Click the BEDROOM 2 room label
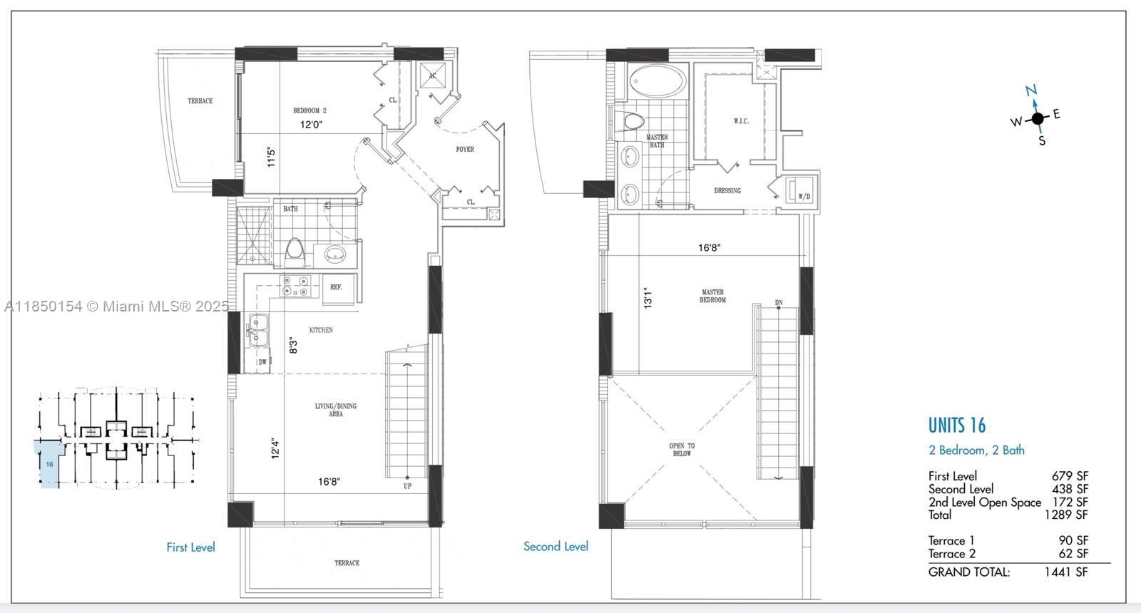(309, 110)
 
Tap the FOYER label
(464, 149)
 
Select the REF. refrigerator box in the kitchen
(338, 289)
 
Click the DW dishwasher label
(262, 362)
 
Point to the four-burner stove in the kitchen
(295, 286)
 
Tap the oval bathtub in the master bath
(657, 81)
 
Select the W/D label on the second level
(804, 197)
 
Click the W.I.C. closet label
(741, 120)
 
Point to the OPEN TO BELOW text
(682, 450)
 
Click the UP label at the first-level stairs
(407, 486)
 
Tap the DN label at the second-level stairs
(778, 302)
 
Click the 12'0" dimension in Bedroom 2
(311, 124)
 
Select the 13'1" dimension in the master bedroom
(648, 299)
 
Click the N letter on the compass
(1031, 91)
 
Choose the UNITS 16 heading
(956, 425)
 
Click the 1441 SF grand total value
(1065, 572)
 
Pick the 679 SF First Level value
(1070, 476)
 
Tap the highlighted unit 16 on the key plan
(49, 464)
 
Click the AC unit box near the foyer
(432, 76)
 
